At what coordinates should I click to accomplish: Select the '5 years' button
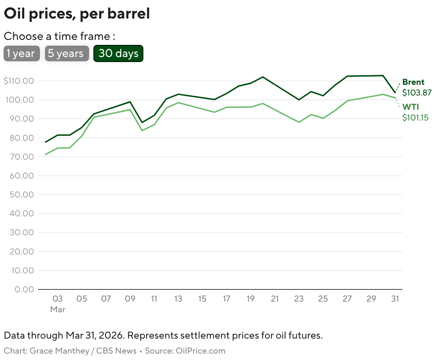coord(67,53)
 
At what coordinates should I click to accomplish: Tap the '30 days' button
coord(118,53)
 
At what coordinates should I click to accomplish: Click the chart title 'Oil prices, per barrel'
coord(77,14)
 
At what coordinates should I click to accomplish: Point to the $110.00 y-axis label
coord(19,81)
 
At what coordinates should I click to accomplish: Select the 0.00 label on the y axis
coord(24,289)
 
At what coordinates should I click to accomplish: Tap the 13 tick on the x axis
coord(178,299)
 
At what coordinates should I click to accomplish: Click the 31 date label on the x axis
coord(395,299)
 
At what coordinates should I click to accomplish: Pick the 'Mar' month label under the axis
coord(58,309)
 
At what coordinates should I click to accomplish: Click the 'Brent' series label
coord(413,82)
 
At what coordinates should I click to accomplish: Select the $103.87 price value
coord(416,93)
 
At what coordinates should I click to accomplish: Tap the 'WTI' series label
coord(410,107)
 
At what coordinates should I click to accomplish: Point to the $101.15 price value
coord(415,118)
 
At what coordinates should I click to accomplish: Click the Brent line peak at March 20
coord(263,77)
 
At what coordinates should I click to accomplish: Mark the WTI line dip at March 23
coord(299,122)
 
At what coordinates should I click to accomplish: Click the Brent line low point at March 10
coord(142,123)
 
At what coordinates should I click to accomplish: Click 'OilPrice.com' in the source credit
coord(200,351)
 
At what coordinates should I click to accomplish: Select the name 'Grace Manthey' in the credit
coord(59,351)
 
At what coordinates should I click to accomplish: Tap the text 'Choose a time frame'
coord(57,36)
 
